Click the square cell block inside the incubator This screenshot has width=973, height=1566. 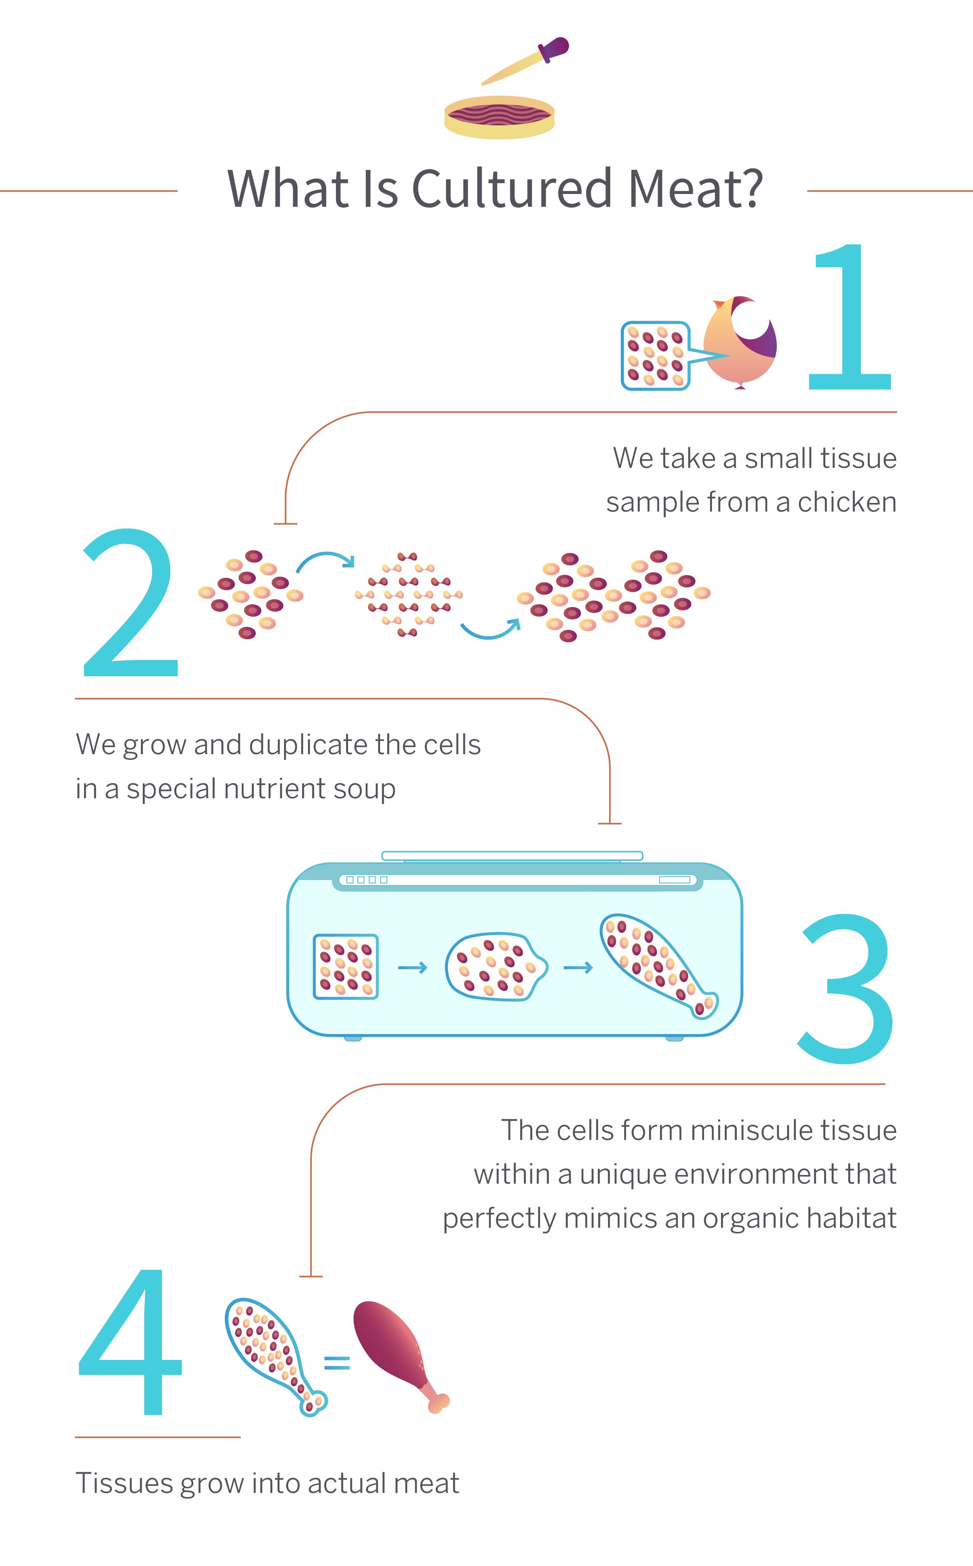pos(345,966)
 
